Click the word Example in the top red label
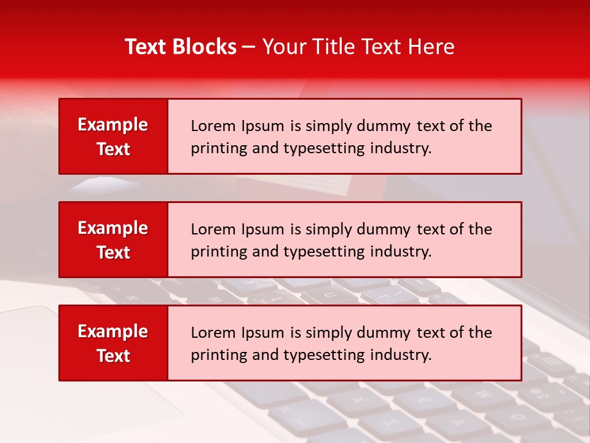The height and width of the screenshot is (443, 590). coord(113,125)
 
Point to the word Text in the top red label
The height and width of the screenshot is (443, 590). coord(113,149)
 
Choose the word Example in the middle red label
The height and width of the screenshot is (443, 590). coord(113,228)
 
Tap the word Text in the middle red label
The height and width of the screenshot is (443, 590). coord(113,252)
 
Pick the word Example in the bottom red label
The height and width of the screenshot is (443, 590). coord(113,332)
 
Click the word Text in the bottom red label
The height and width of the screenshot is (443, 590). coord(113,356)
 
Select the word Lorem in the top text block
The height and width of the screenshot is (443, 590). coord(211,126)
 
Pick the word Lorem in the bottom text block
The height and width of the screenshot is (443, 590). coord(211,333)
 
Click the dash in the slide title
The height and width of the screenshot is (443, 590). coord(249,47)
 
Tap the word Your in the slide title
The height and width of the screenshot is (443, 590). coord(282,47)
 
